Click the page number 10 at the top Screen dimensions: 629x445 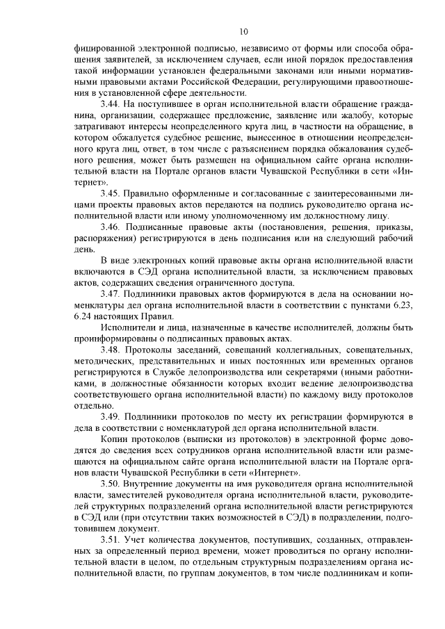click(x=243, y=31)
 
